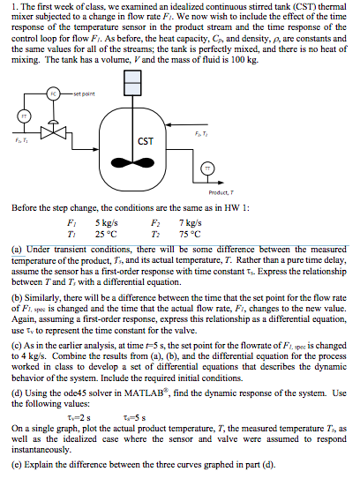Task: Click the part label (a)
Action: pos(11,248)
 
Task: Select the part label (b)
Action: pos(11,295)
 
